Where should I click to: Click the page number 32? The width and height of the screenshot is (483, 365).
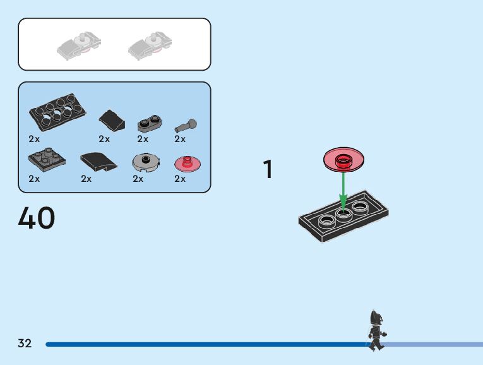[25, 344]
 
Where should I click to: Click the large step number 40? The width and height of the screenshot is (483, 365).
[37, 218]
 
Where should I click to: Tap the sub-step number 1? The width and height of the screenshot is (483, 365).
[268, 170]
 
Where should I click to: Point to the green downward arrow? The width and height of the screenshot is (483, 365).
[343, 189]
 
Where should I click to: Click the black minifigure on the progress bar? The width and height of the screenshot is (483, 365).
[376, 330]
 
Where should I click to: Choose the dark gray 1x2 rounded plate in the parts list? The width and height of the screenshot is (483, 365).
[150, 123]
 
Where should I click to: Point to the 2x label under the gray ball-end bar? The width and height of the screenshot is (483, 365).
[180, 139]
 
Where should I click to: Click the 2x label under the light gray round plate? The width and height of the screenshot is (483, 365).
[138, 179]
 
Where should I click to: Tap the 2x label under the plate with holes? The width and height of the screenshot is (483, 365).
[34, 139]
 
